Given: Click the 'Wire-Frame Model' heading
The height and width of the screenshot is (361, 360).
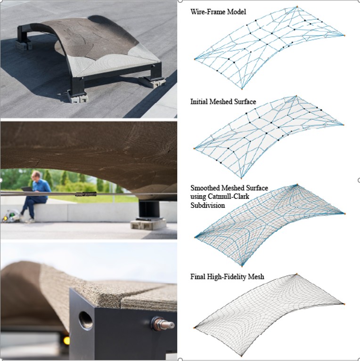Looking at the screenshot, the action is [218, 12].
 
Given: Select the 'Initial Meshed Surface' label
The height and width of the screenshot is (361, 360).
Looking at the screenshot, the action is [223, 101].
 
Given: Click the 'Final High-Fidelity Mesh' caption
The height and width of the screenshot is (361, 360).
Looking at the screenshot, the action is [227, 277].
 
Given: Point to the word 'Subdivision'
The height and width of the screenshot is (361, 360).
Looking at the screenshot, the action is [207, 205].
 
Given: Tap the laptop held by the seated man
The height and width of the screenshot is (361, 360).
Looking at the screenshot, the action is [27, 189].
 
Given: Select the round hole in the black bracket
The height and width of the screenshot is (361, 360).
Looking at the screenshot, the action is [86, 321].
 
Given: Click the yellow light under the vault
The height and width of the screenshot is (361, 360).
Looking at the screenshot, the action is [66, 341].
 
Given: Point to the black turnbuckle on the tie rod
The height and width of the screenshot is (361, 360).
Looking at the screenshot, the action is [86, 194].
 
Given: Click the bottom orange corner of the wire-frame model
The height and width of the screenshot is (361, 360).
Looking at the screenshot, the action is [242, 89].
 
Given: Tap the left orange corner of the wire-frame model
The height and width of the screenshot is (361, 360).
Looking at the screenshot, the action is [195, 59].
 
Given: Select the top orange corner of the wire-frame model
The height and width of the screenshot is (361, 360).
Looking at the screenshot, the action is [297, 7].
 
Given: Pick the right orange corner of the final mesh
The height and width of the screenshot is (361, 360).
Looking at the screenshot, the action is [344, 304].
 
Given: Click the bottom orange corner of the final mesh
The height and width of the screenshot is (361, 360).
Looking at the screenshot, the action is [241, 356].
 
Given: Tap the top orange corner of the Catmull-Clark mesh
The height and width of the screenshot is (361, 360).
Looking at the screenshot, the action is [297, 184].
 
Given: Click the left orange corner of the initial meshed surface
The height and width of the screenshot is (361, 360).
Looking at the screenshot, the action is [194, 149].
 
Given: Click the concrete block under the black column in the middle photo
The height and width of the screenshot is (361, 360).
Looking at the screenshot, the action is [148, 224].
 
